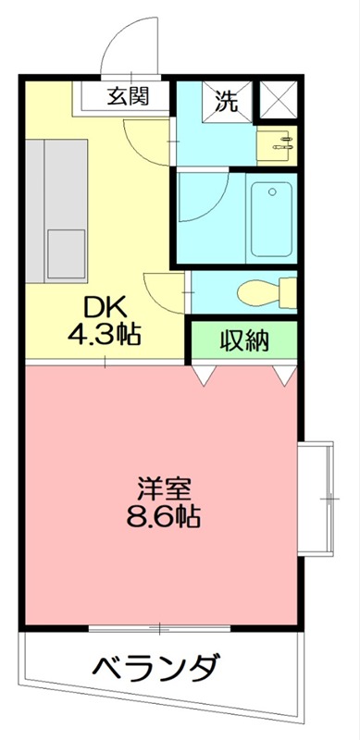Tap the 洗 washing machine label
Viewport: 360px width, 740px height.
pyautogui.click(x=227, y=101)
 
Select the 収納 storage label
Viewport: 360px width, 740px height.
pyautogui.click(x=244, y=340)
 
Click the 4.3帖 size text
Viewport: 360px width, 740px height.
pyautogui.click(x=104, y=334)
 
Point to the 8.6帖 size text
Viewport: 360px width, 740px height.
pyautogui.click(x=163, y=515)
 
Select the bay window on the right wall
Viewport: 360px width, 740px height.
pyautogui.click(x=318, y=498)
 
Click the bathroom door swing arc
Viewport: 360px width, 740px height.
pyautogui.click(x=202, y=197)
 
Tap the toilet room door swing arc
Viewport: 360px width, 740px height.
pyautogui.click(x=162, y=292)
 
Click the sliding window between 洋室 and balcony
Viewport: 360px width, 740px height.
pyautogui.click(x=159, y=628)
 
